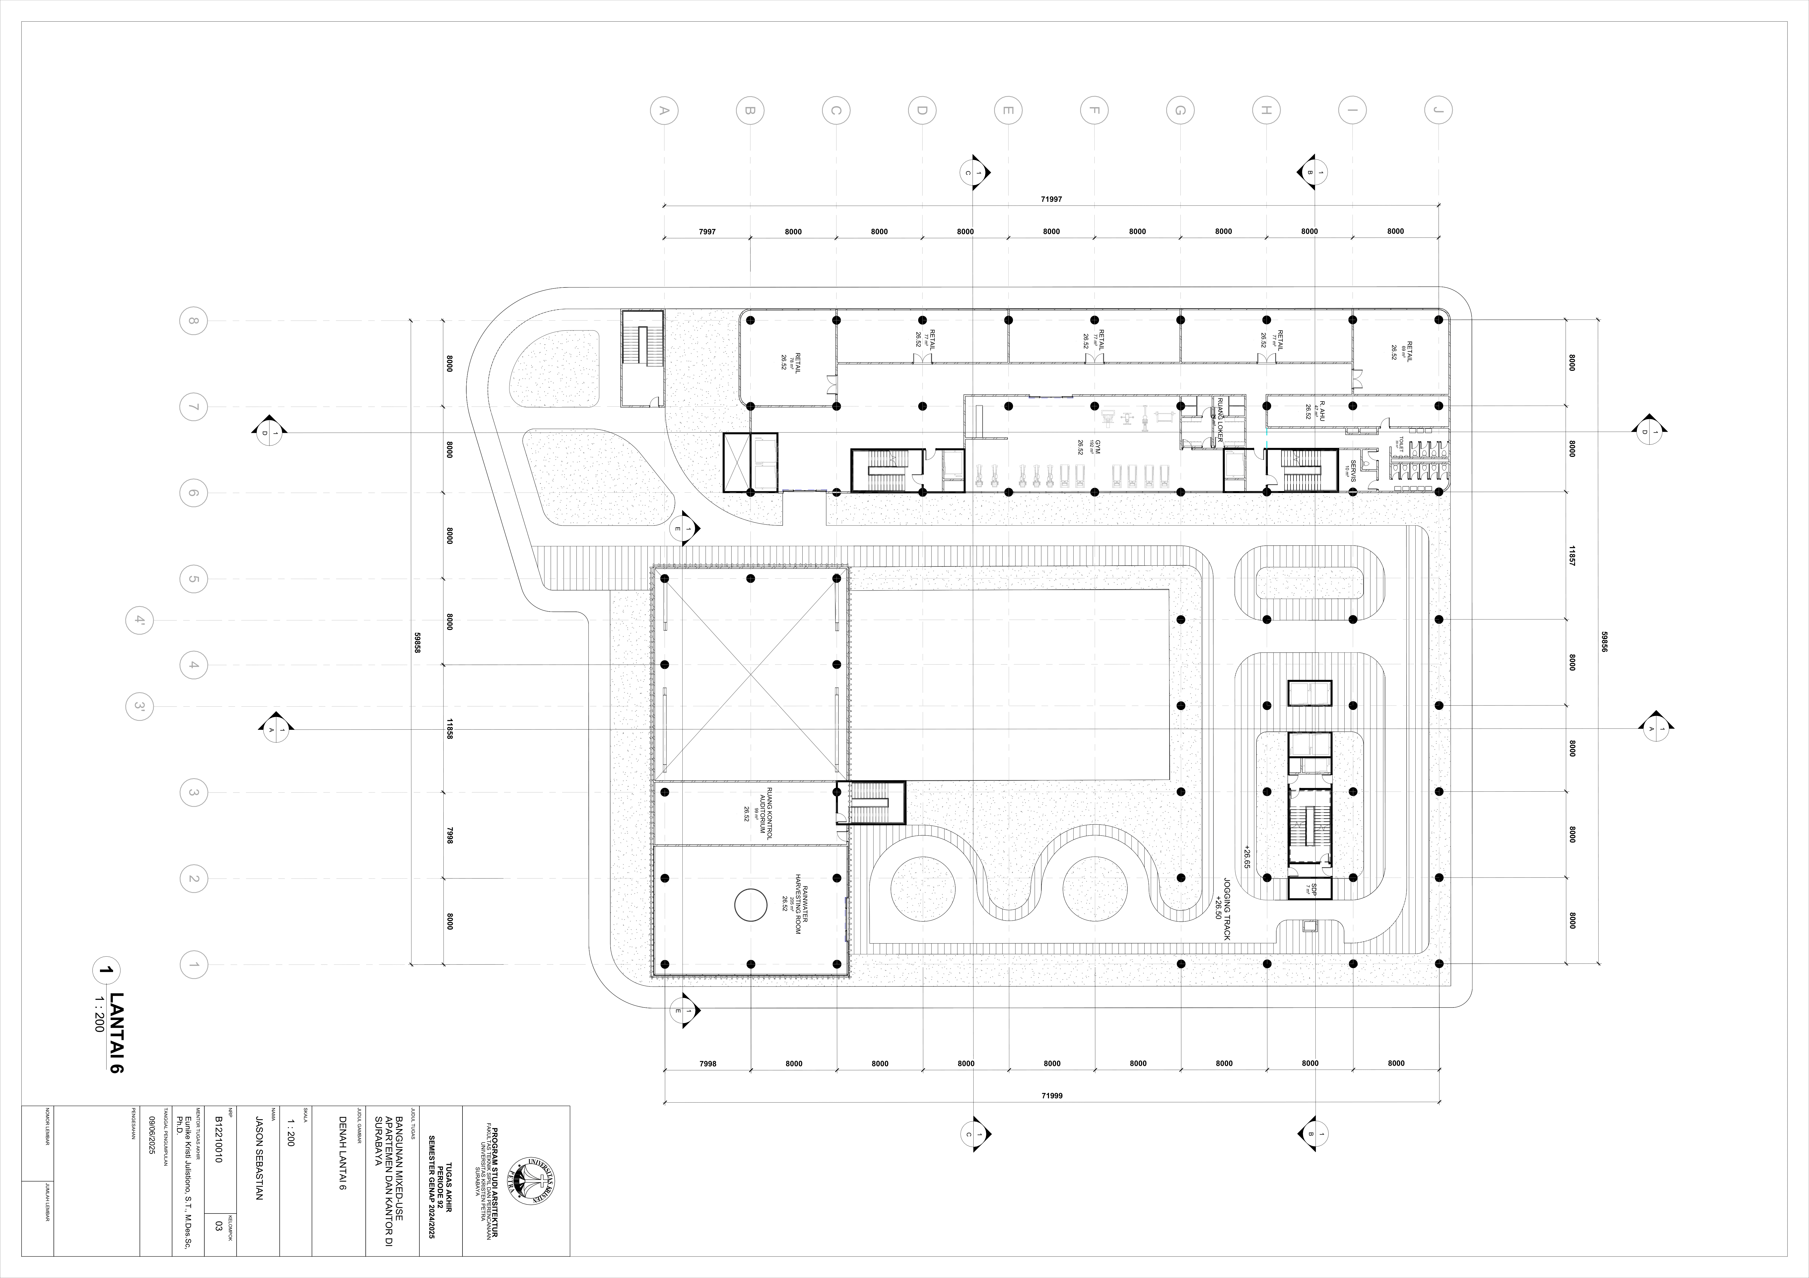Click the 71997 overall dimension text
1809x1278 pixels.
click(1051, 199)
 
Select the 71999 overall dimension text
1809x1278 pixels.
click(1051, 1096)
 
